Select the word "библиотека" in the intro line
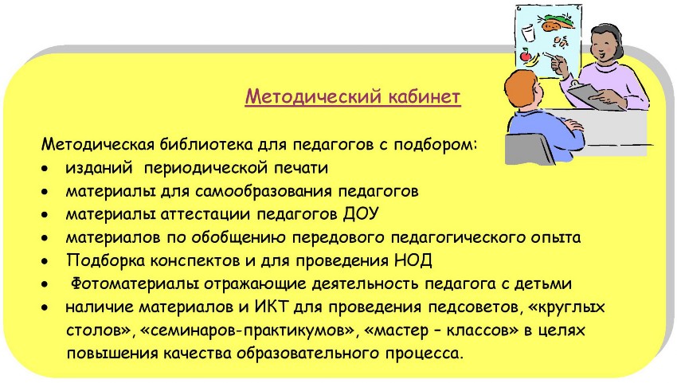click(x=206, y=144)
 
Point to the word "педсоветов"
click(x=474, y=307)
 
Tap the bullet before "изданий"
click(x=45, y=168)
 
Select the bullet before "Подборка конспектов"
click(x=45, y=261)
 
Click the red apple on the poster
click(x=526, y=55)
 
